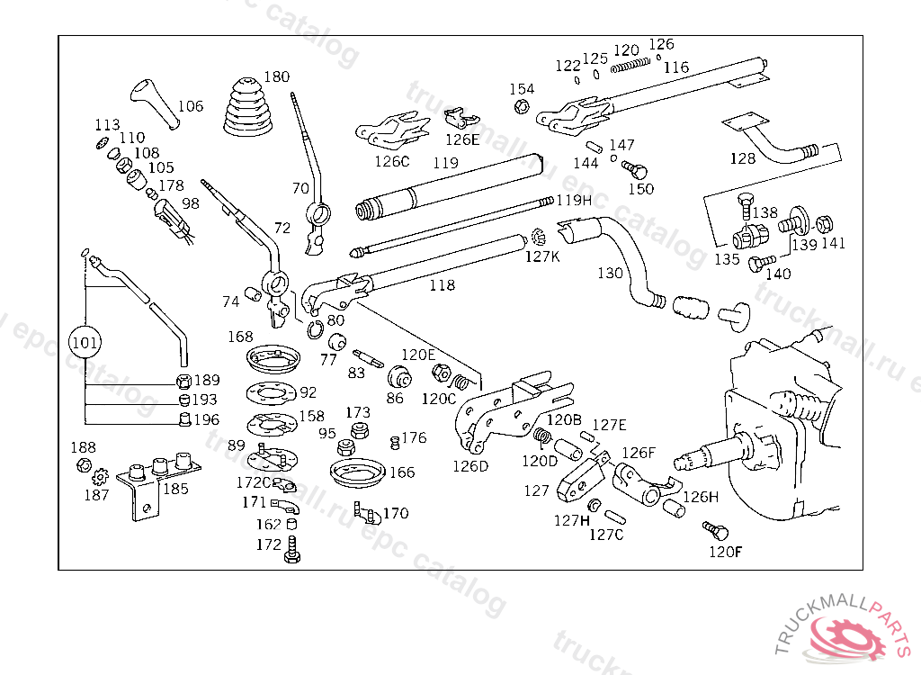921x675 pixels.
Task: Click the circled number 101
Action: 85,342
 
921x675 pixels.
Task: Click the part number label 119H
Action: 574,200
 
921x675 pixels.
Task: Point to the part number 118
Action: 442,285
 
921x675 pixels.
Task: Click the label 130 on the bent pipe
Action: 610,272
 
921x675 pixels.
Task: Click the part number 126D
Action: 469,466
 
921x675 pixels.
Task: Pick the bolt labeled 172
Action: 291,549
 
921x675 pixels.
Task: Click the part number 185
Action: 175,489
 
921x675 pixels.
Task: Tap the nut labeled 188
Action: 82,464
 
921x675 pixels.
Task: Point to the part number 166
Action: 402,472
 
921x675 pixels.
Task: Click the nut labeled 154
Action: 520,108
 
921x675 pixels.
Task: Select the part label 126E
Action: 463,139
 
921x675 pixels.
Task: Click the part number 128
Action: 743,158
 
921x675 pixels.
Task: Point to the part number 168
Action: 240,337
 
